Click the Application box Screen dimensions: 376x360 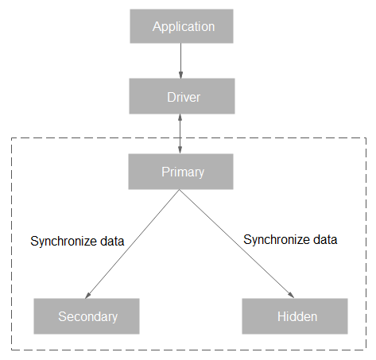(181, 26)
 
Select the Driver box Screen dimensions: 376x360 (182, 96)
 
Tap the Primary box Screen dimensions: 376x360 (180, 172)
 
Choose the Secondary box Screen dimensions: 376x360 (87, 316)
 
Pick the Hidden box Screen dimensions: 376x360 (295, 316)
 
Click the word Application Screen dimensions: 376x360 (184, 27)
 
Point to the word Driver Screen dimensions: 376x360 (184, 97)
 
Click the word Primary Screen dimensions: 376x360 (183, 172)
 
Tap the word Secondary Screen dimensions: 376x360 (88, 316)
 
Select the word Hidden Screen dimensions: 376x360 (297, 316)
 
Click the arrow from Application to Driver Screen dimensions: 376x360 (180, 61)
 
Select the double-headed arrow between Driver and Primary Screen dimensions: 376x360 (180, 134)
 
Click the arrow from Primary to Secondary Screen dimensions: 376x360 (132, 244)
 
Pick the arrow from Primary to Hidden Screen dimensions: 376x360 (237, 244)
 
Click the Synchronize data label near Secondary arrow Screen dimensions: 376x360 (77, 241)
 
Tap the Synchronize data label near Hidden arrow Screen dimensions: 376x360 (290, 240)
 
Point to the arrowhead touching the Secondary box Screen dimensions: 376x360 (87, 296)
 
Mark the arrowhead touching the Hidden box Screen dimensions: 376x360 (291, 295)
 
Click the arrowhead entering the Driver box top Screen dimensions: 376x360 (180, 75)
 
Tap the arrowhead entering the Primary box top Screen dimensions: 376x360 (180, 150)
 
